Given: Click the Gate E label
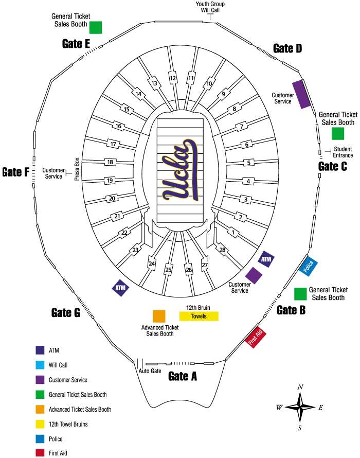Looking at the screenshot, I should tap(76, 43).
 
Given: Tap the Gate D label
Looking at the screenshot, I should tap(287, 48).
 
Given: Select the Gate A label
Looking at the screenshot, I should tap(183, 376).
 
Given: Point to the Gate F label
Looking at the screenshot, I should tap(15, 172).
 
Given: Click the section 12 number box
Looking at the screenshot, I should tap(173, 78).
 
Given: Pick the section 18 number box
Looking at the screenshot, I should tap(110, 162).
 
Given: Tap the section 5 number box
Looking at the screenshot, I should tap(249, 163).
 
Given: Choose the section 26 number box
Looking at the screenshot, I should tap(189, 270).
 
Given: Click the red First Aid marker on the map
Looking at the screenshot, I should tap(256, 337).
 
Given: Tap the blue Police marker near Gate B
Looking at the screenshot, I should tap(309, 266).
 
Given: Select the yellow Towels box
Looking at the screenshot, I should tap(199, 316).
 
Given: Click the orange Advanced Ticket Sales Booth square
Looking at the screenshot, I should tap(159, 316).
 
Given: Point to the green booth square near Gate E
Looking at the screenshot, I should tap(96, 27).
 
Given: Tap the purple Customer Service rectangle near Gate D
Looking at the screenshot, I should tap(301, 94).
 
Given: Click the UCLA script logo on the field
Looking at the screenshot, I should tap(181, 171).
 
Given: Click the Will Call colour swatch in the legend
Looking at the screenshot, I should tap(40, 365).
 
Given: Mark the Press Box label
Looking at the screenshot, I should tap(76, 169).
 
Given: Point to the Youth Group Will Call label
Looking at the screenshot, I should tap(210, 7).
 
